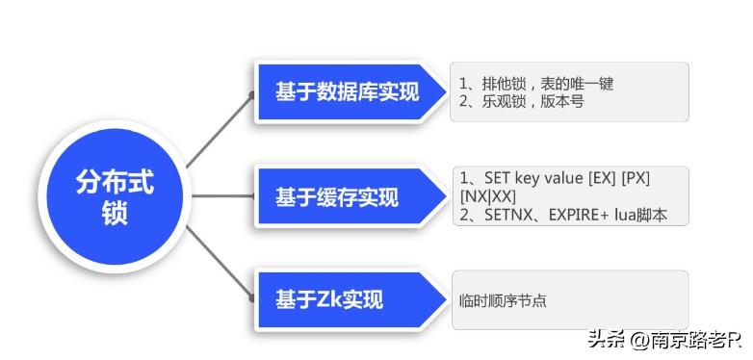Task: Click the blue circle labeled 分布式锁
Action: click(x=115, y=196)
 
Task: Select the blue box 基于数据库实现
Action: click(x=347, y=92)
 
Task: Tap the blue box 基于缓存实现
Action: click(x=336, y=197)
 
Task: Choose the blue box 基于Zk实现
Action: click(x=328, y=299)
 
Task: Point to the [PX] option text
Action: click(x=636, y=179)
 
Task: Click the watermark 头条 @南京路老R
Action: click(x=664, y=339)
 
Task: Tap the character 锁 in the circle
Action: click(x=115, y=215)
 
